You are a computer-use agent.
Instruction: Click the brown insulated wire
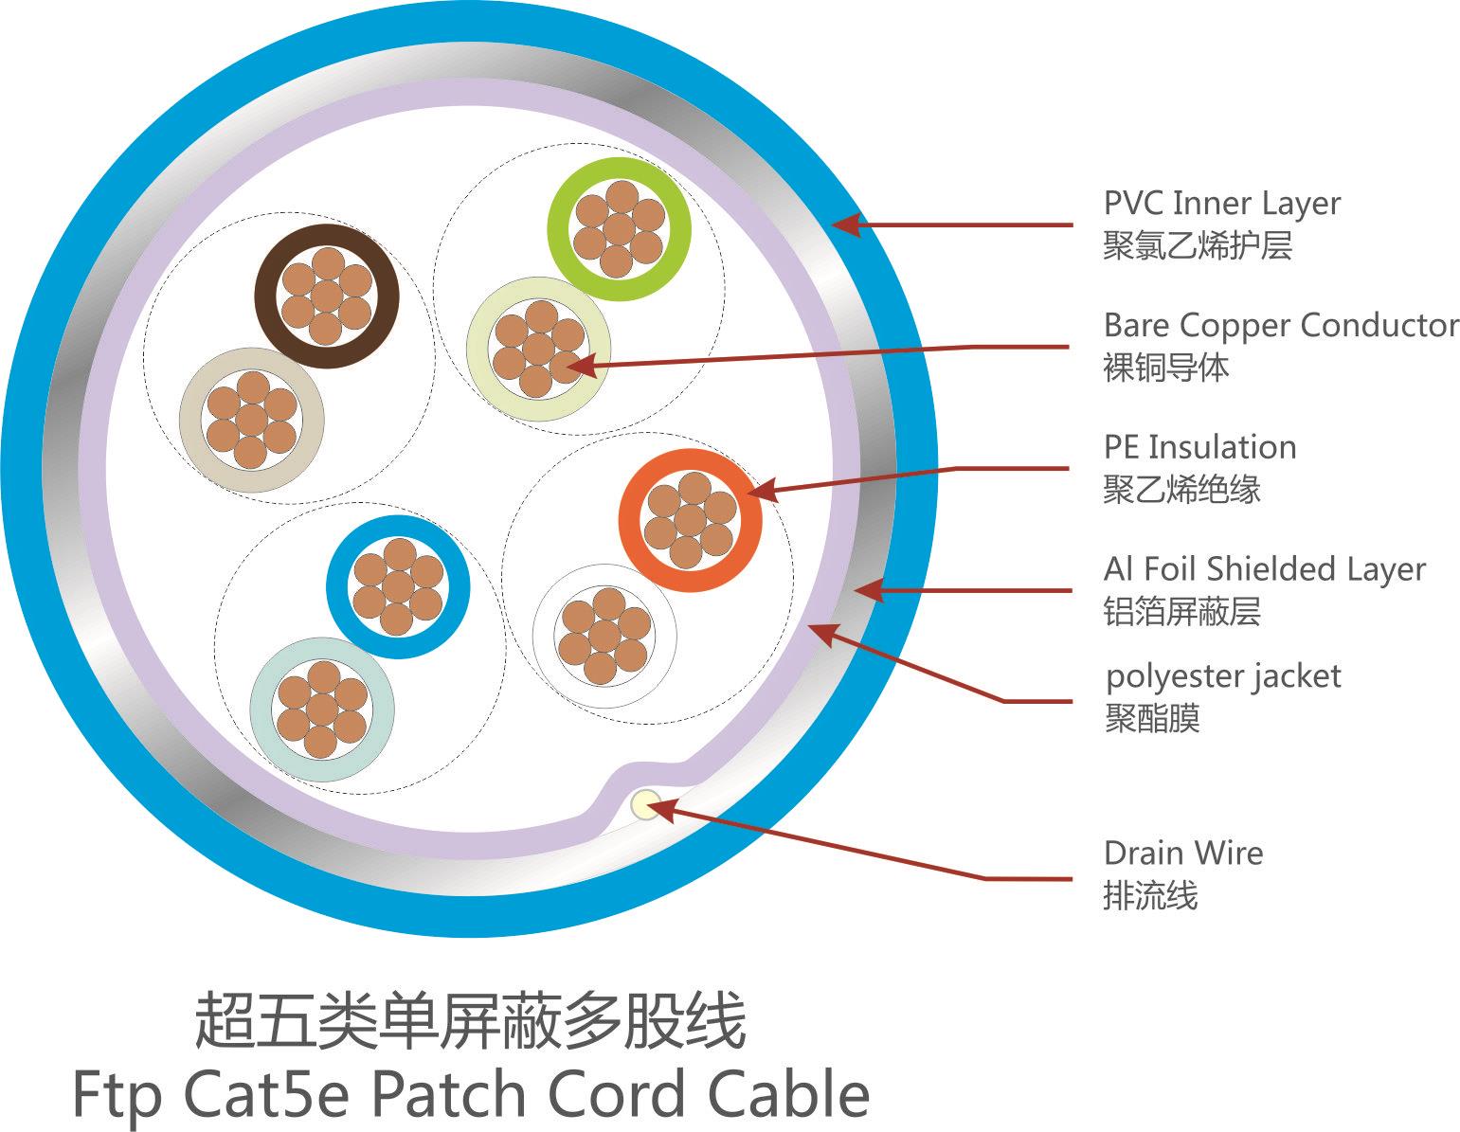tap(327, 296)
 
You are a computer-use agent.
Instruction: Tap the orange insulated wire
tap(690, 519)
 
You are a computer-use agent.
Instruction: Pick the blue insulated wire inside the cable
tap(398, 585)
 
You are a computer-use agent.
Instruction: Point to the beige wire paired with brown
tap(252, 420)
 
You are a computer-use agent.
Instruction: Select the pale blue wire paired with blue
tap(322, 710)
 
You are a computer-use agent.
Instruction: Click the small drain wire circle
tap(647, 806)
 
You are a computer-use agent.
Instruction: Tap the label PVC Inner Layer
tap(1221, 204)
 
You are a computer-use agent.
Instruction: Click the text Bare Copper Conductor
tap(1280, 325)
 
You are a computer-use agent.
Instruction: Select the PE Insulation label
tap(1199, 447)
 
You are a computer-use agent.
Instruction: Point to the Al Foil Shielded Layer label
tap(1264, 568)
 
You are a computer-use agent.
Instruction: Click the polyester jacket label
tap(1222, 676)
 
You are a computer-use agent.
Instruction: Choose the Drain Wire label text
tap(1182, 853)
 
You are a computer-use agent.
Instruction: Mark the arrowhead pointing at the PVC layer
tap(844, 225)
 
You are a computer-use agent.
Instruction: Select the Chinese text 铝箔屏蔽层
tap(1181, 611)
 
